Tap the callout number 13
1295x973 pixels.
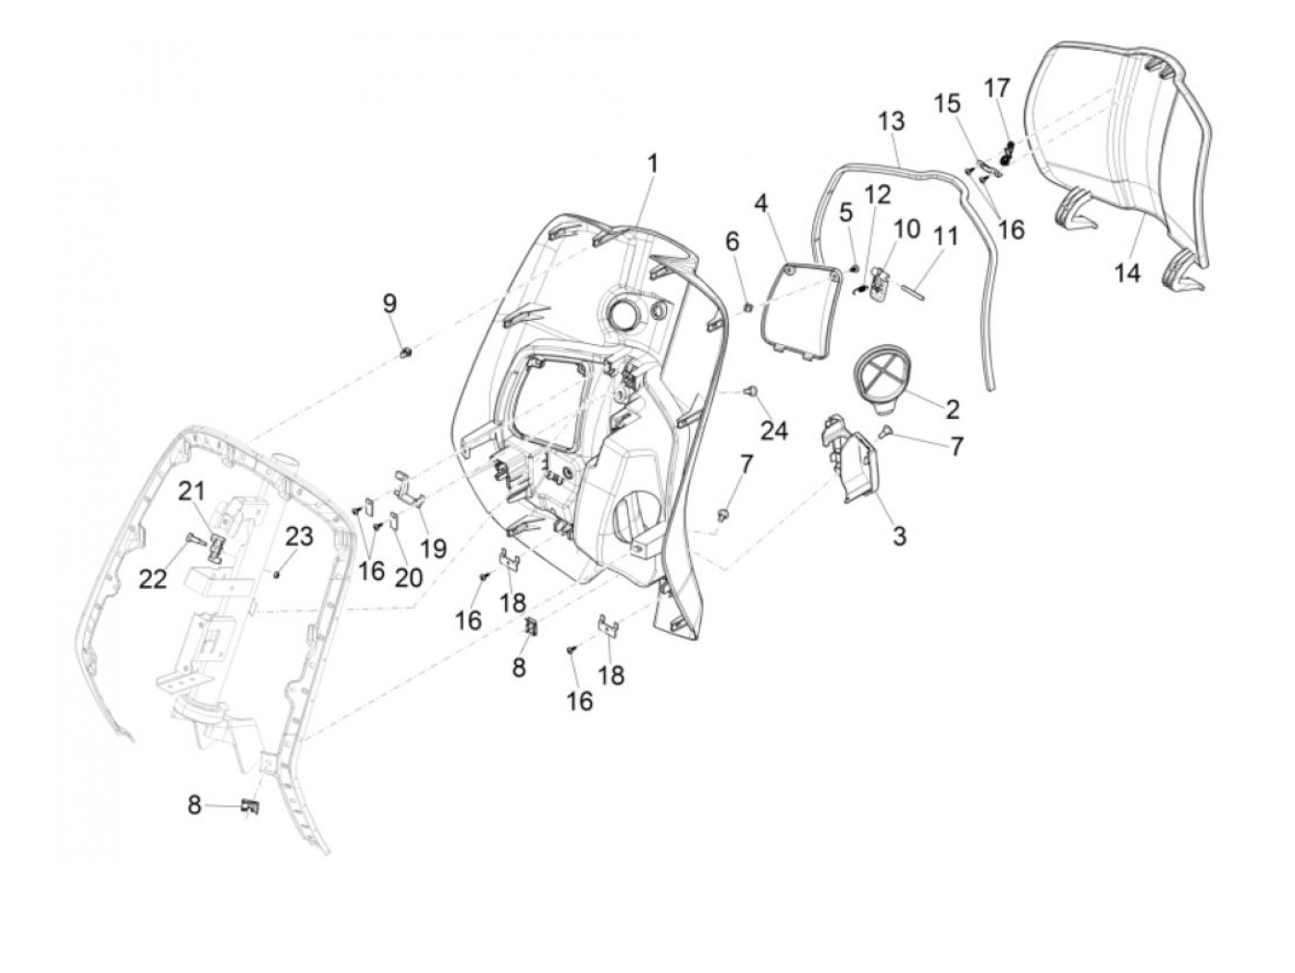click(892, 121)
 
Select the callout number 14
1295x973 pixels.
click(1128, 273)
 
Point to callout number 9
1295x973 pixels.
click(389, 302)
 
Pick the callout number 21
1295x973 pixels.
click(191, 492)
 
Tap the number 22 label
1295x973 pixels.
click(153, 579)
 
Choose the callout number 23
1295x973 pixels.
click(299, 536)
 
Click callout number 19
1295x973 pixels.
click(433, 549)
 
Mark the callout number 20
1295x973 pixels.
click(408, 578)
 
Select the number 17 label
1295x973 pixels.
click(996, 88)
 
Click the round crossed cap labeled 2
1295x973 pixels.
click(882, 382)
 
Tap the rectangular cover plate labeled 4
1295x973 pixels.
click(795, 301)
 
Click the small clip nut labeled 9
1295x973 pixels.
click(404, 351)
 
